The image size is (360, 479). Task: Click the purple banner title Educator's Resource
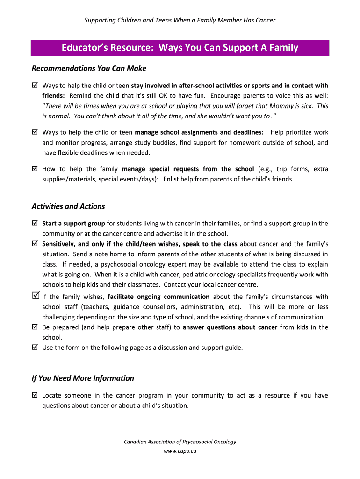(180, 48)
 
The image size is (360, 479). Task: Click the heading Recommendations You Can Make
(89, 68)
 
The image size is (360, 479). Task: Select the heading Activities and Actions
(68, 206)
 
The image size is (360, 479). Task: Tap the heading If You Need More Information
(83, 378)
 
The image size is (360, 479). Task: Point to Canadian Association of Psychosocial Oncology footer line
(180, 442)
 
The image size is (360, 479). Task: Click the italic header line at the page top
(180, 20)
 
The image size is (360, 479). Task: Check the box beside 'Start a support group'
(35, 224)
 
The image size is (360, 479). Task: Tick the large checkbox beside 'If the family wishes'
(36, 296)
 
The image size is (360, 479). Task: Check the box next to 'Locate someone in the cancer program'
(35, 395)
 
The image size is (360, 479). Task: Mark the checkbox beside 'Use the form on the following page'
(35, 348)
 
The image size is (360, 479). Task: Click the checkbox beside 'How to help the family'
(35, 169)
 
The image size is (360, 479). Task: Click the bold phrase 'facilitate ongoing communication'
(158, 297)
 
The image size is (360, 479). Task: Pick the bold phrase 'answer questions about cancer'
(230, 327)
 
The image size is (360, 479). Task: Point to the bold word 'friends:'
(54, 96)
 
